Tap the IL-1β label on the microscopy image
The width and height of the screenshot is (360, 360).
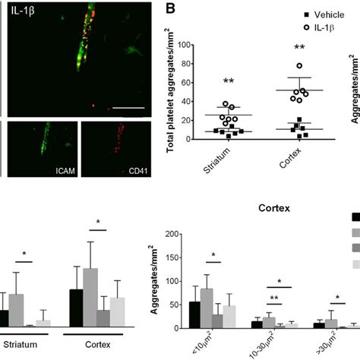click(25, 13)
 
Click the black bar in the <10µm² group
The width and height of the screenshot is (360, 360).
click(194, 305)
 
